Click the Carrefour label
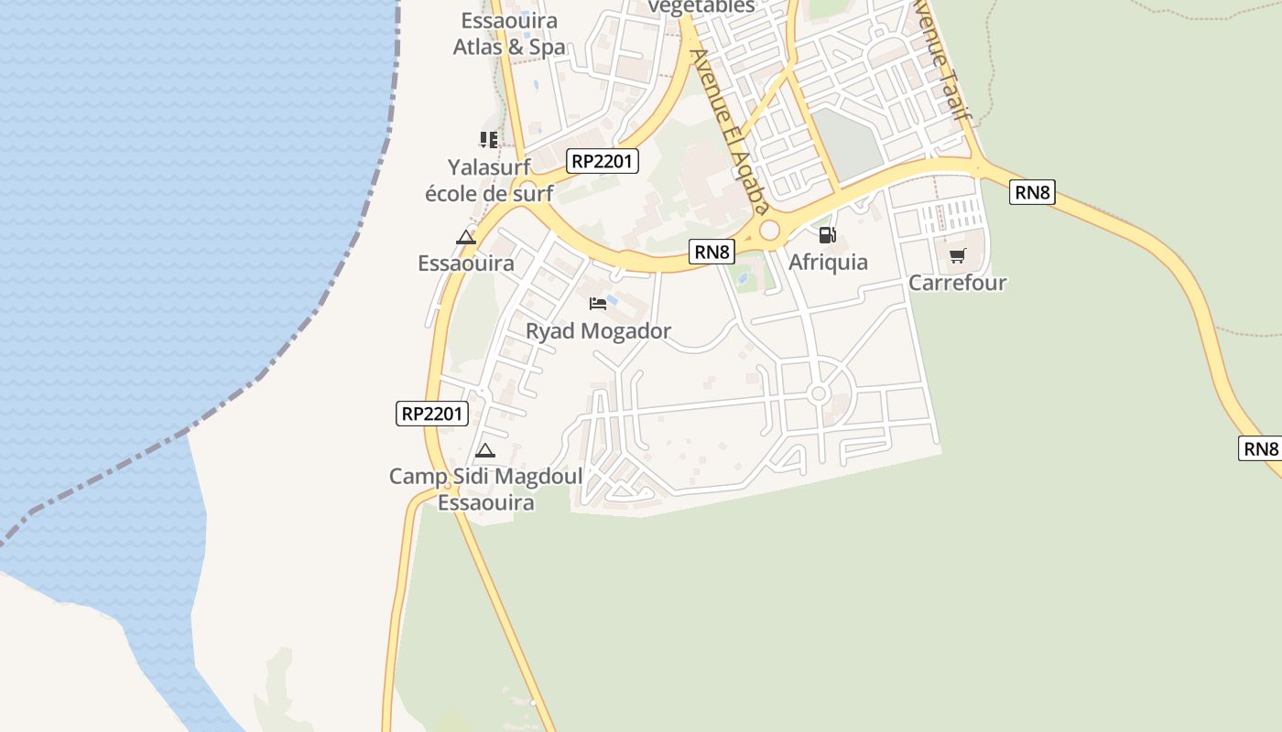coord(957,283)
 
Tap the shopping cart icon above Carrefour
coord(957,255)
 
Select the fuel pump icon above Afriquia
coord(827,235)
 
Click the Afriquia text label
coord(828,263)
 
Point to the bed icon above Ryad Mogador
coord(598,303)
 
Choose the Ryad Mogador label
coord(598,331)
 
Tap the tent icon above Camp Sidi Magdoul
coord(485,450)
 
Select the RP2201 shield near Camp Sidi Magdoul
coord(433,414)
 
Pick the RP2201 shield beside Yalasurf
coord(602,161)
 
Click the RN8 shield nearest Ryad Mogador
coord(712,252)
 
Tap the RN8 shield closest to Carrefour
coord(1032,192)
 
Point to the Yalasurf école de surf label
coord(489,180)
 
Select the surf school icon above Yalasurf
coord(488,140)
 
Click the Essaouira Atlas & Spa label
coord(509,33)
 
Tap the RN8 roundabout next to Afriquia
coord(769,231)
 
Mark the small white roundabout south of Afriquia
coord(819,394)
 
